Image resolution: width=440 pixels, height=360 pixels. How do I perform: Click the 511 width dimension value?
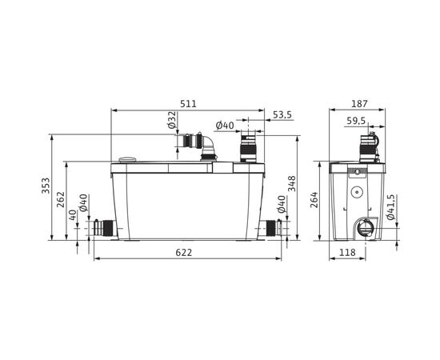click(188, 105)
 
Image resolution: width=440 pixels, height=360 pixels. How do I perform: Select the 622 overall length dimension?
click(188, 253)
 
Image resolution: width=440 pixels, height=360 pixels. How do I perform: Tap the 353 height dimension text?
click(46, 186)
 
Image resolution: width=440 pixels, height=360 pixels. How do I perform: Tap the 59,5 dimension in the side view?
click(357, 121)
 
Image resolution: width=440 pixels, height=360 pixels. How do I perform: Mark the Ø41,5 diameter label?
click(391, 206)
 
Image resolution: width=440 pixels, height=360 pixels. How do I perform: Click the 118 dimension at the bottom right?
click(346, 253)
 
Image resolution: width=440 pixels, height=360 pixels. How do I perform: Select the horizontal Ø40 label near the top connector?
click(225, 125)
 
